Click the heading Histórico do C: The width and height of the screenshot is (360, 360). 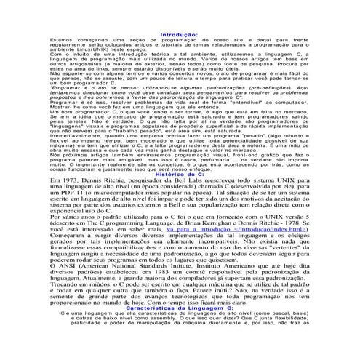tap(180, 175)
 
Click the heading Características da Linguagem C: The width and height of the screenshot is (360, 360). tap(180, 328)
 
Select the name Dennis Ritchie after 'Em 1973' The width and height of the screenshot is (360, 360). tap(97, 182)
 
